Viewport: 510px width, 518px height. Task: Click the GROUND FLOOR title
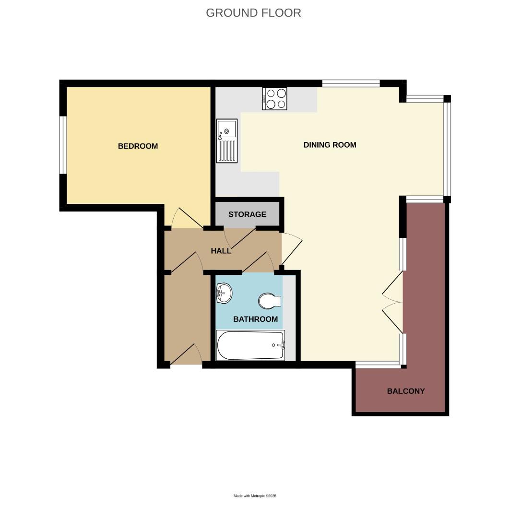coord(253,13)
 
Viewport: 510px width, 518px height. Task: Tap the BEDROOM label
coord(138,146)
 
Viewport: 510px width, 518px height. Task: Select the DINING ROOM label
coord(330,145)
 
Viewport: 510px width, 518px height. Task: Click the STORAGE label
coord(247,214)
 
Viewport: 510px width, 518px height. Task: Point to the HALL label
coord(221,251)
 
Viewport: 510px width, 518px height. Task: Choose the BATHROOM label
coord(255,319)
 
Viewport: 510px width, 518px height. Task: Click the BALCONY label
coord(406,391)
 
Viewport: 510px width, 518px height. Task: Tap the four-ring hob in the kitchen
coord(274,99)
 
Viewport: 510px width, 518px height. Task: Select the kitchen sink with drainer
coord(227,140)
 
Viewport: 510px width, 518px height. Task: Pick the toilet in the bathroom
coord(269,301)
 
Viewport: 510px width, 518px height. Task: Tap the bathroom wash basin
coord(224,293)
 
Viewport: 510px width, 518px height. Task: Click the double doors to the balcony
coord(393,302)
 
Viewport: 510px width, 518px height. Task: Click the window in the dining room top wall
coord(351,83)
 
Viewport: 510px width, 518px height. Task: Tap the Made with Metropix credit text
coord(255,496)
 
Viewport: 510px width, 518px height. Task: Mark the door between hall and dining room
coord(291,248)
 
